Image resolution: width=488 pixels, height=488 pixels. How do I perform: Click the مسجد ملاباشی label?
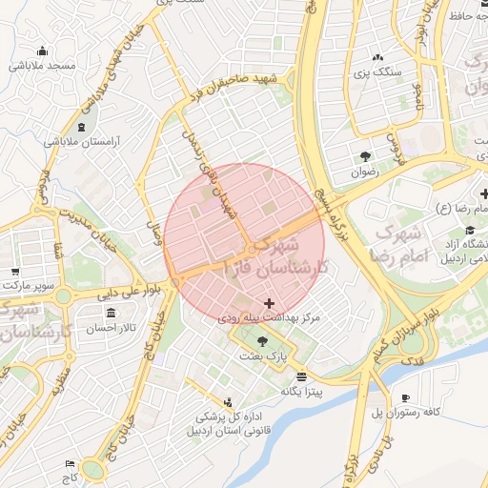tap(43, 66)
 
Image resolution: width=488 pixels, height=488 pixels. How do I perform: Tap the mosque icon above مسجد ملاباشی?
tap(42, 51)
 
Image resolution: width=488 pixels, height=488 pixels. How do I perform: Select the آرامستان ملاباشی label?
tap(80, 141)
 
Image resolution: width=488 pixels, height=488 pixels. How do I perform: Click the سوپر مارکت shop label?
tap(29, 284)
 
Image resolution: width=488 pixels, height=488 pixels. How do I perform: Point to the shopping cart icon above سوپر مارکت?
tap(13, 271)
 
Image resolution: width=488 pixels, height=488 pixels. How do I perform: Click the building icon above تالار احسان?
tap(112, 314)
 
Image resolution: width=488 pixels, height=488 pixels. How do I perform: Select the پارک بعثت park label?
tap(263, 355)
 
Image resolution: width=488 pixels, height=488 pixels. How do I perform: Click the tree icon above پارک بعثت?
tap(262, 340)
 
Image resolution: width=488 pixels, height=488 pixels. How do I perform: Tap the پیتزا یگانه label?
tap(302, 391)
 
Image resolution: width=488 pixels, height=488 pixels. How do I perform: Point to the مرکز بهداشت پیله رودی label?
tap(269, 315)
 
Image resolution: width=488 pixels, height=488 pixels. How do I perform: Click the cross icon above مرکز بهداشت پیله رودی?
tap(268, 302)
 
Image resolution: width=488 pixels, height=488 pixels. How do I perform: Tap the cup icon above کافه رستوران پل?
tap(406, 397)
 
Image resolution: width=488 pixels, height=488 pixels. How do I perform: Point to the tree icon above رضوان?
tap(365, 156)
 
